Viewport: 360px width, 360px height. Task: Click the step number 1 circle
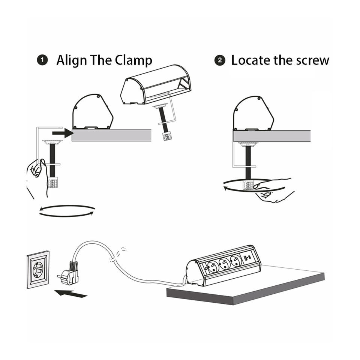tap(42, 60)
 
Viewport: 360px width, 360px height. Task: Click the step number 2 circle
tap(220, 60)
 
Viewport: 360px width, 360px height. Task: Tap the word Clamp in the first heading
tap(133, 61)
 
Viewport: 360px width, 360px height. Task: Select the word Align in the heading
tap(72, 61)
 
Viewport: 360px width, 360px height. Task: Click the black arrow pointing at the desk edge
tap(63, 133)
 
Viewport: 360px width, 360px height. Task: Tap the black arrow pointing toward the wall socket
tap(70, 293)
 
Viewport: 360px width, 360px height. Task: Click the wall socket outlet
tap(38, 270)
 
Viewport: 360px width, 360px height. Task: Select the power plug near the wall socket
tap(69, 273)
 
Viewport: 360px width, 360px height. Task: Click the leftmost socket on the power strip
tap(213, 266)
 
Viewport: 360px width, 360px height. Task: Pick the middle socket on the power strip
tap(225, 263)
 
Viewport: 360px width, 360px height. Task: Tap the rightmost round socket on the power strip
tap(236, 260)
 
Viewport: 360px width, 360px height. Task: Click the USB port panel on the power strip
tap(248, 257)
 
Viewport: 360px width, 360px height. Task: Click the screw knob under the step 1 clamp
tap(52, 183)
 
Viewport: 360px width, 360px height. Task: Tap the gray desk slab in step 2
tap(272, 136)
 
